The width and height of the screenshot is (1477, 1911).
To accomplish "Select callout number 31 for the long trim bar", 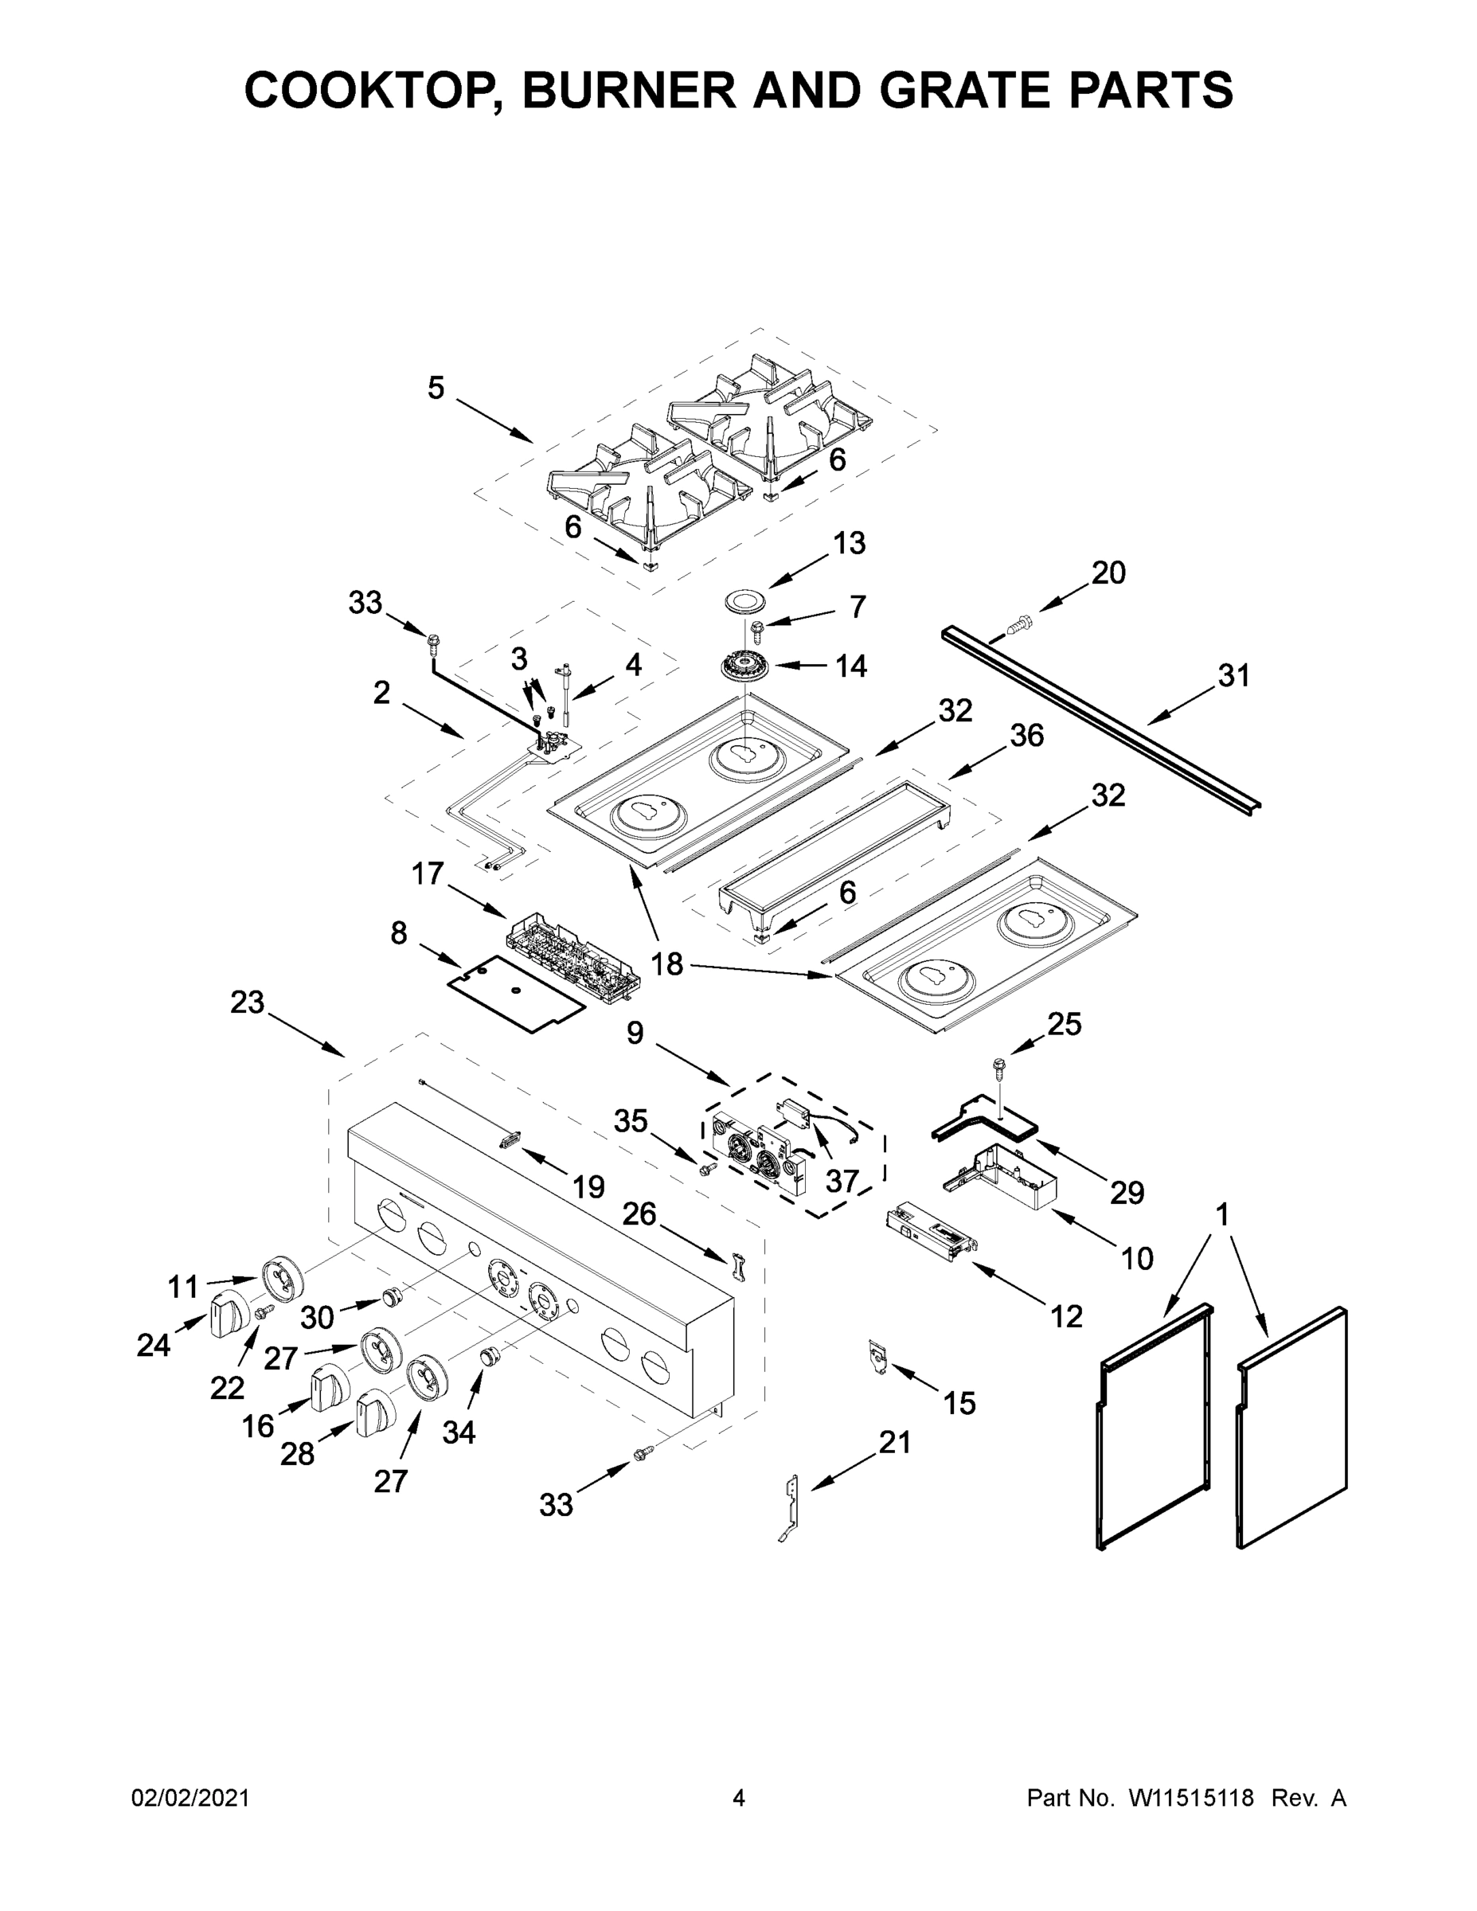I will coord(1233,675).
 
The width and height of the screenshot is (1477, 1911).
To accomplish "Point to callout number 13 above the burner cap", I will coord(848,542).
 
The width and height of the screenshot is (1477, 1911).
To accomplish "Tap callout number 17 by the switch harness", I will coord(428,873).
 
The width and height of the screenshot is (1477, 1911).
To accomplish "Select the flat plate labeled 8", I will coord(514,993).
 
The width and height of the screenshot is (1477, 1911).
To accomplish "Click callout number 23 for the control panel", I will coord(248,1002).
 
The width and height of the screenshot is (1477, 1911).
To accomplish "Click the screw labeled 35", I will coord(706,1167).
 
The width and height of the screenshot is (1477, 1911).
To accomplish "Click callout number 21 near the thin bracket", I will coord(894,1442).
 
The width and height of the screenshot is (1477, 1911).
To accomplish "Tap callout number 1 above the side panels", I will coord(1221,1215).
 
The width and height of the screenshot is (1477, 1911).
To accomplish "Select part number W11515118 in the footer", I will coord(1191,1798).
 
